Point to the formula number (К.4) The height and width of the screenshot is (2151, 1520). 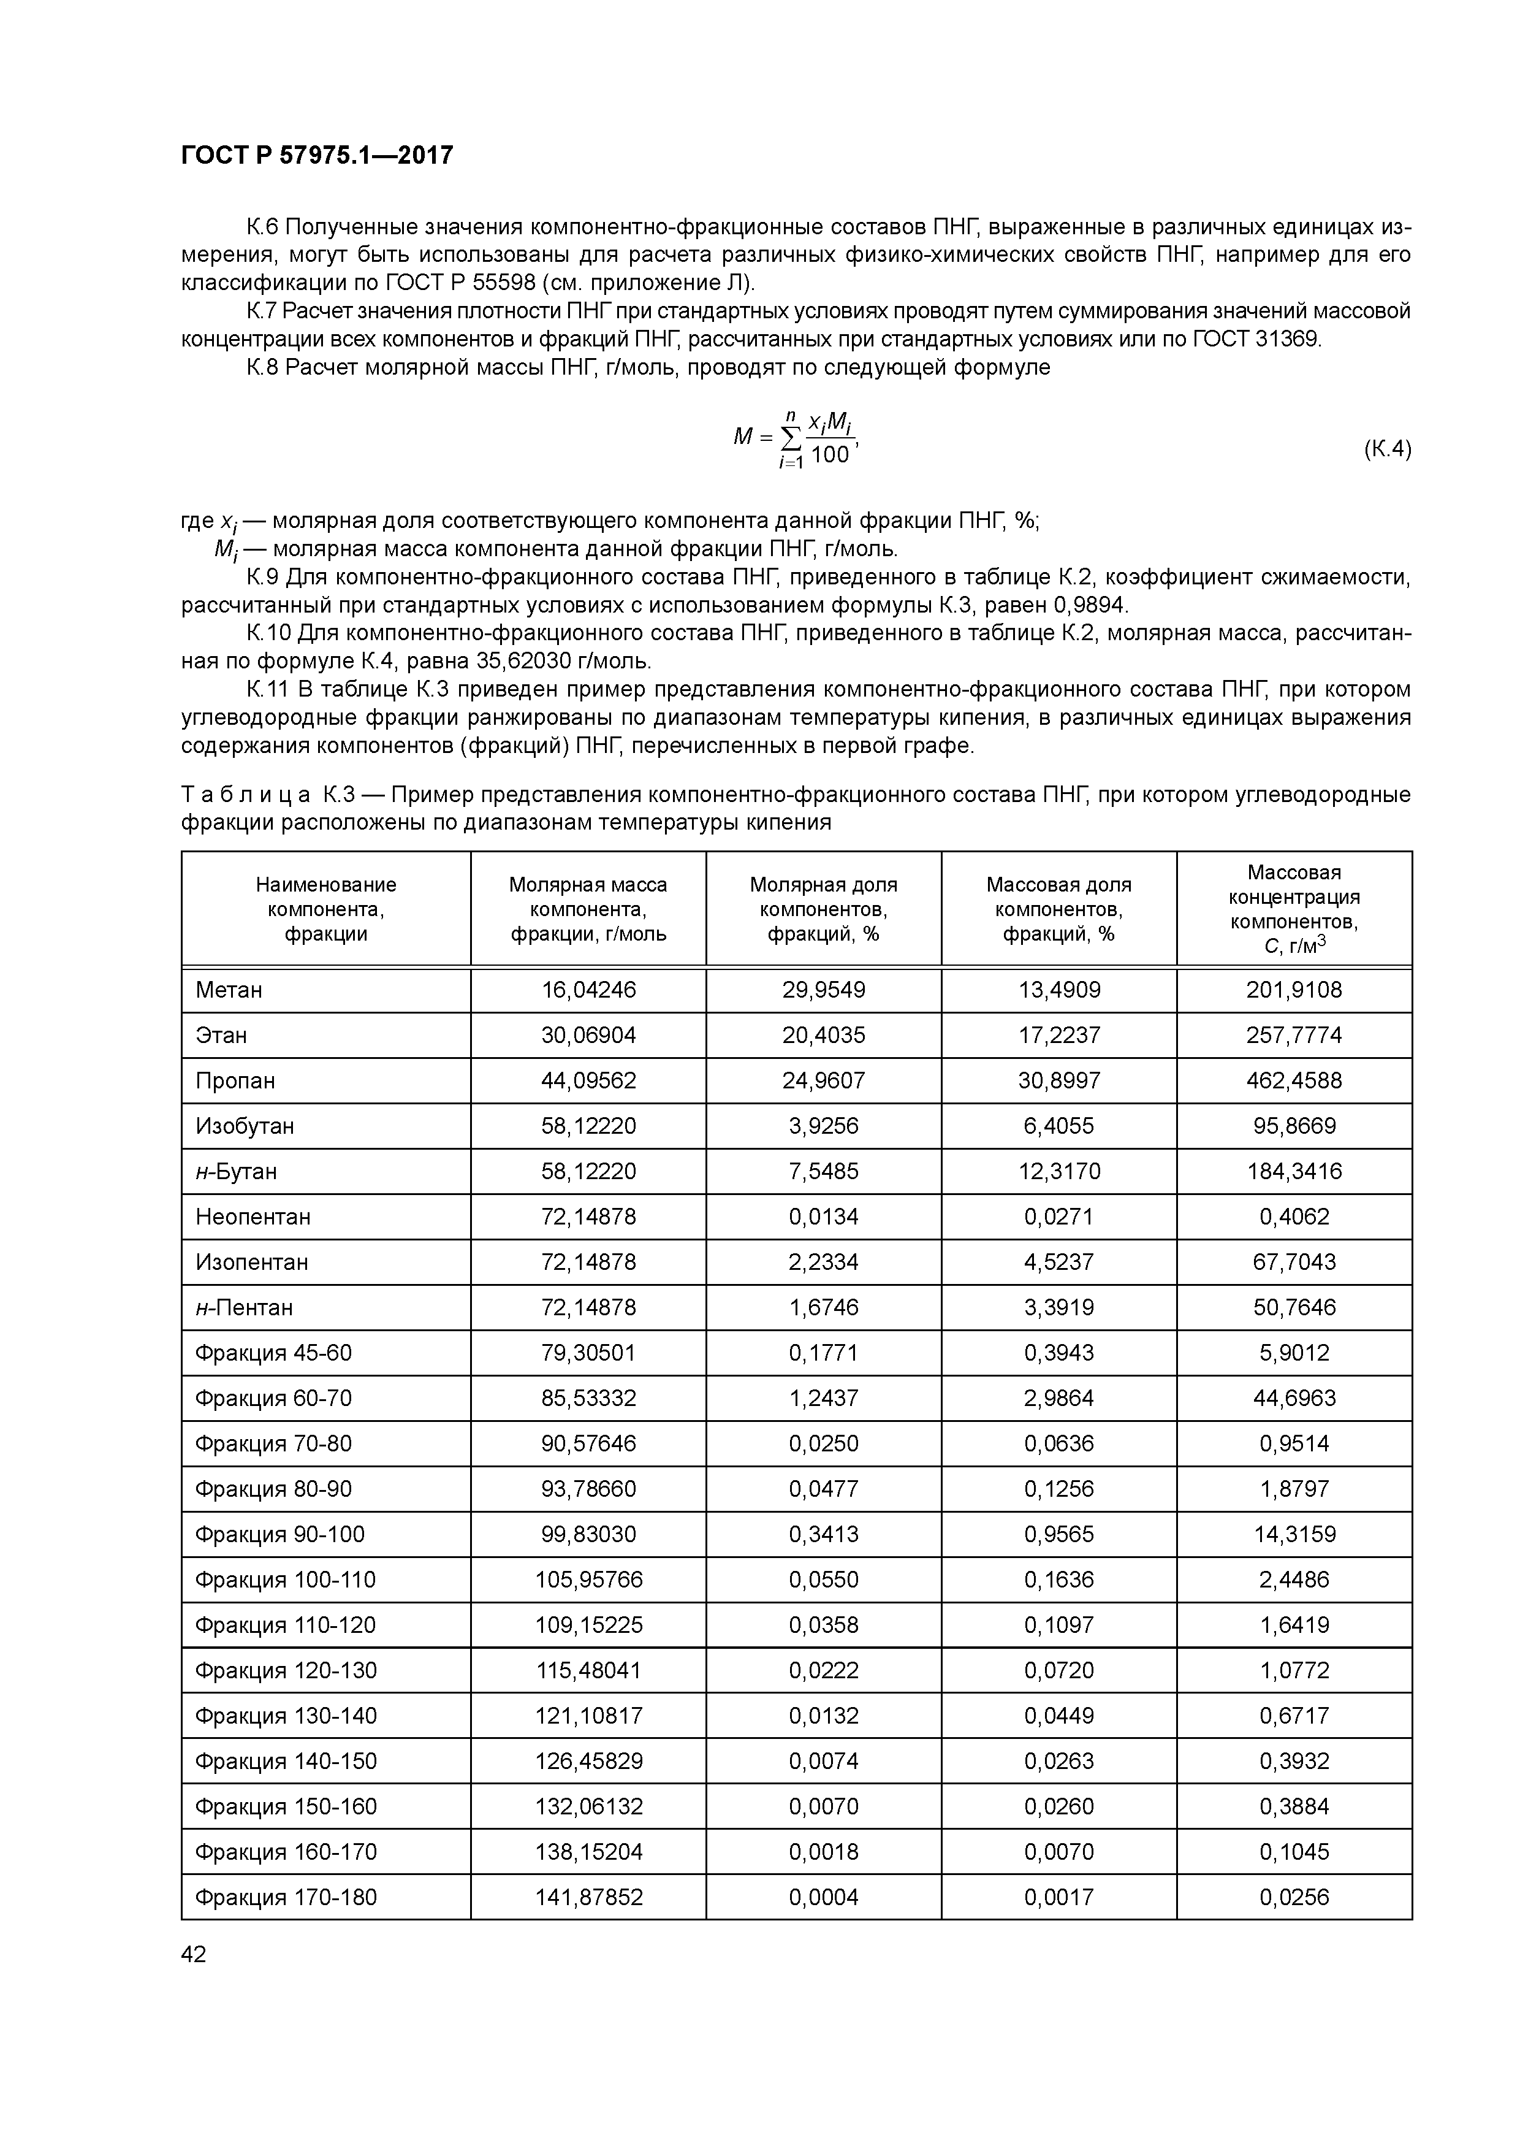tap(1386, 449)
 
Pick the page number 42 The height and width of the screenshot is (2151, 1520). tap(194, 1954)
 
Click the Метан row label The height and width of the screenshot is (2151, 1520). tap(229, 990)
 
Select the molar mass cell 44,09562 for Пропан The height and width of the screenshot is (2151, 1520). tap(588, 1081)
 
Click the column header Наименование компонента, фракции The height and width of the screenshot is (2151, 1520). tap(326, 909)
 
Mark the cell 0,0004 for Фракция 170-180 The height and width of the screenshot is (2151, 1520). tap(823, 1897)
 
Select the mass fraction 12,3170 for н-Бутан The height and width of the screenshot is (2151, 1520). tap(1058, 1171)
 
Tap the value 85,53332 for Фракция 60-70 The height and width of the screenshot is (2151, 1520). tap(588, 1399)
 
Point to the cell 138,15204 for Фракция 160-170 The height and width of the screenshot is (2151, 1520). tap(588, 1852)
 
